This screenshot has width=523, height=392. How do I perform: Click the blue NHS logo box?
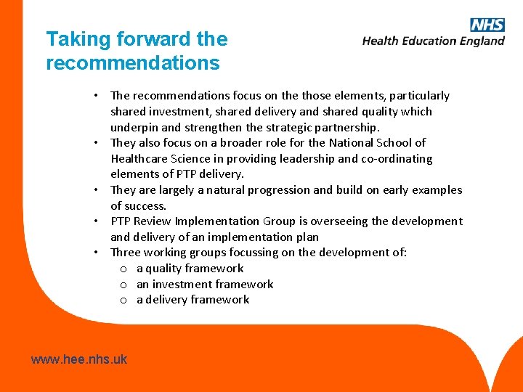pyautogui.click(x=487, y=25)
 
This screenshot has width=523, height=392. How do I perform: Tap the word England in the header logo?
pyautogui.click(x=482, y=41)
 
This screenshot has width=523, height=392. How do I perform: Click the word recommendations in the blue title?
pyautogui.click(x=132, y=63)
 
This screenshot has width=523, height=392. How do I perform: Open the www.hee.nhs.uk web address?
pyautogui.click(x=79, y=359)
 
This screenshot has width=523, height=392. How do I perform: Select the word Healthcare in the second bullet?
pyautogui.click(x=143, y=159)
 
